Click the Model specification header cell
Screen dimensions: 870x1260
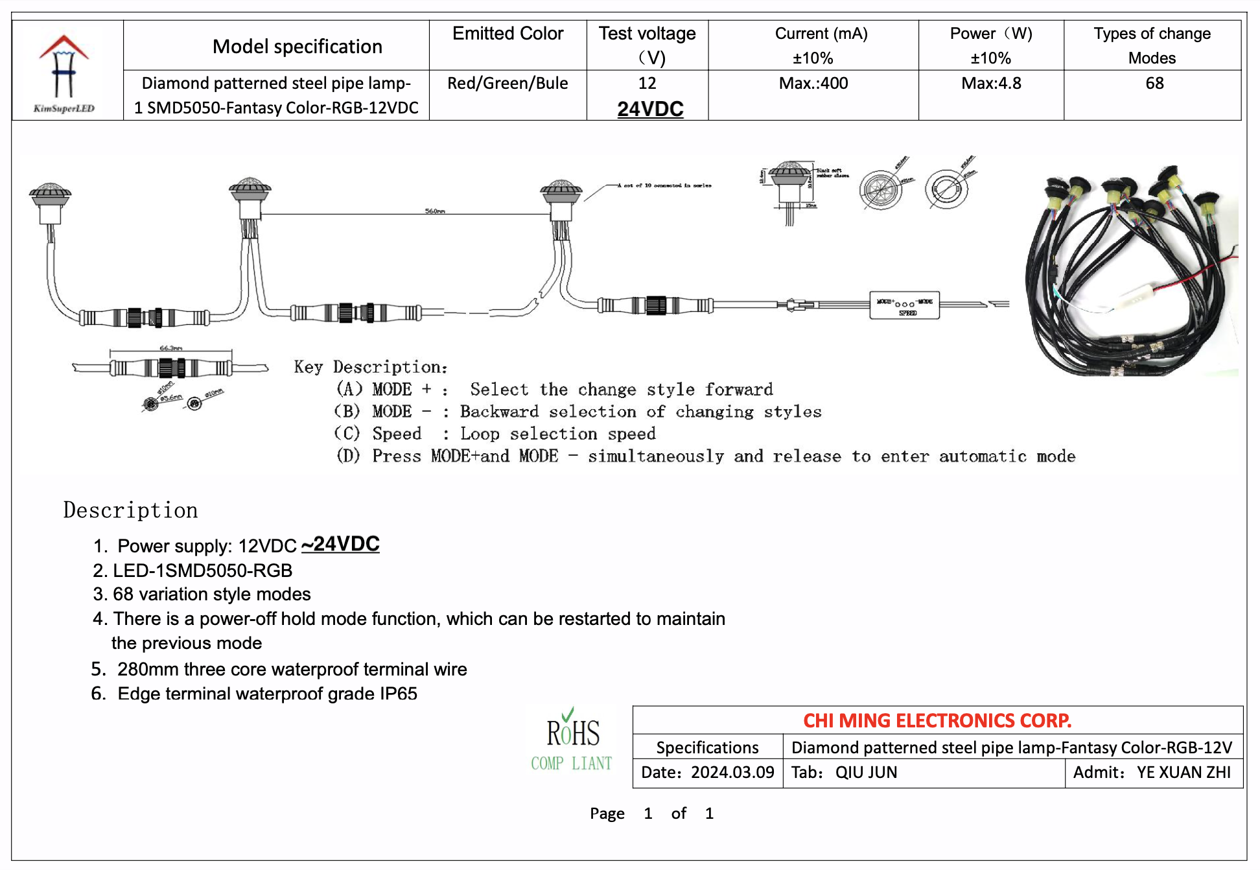(x=297, y=47)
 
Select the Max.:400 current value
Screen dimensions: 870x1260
(x=813, y=84)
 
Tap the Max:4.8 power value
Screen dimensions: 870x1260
(x=991, y=84)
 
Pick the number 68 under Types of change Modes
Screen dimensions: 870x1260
(x=1154, y=84)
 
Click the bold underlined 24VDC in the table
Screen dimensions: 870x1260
(x=650, y=109)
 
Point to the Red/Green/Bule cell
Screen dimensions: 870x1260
(x=507, y=84)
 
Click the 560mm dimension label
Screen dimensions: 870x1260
(x=435, y=211)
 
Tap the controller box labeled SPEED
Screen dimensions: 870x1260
(x=905, y=305)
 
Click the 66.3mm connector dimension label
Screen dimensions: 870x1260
(x=171, y=348)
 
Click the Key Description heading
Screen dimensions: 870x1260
(x=371, y=367)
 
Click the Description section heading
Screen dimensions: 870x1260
(x=130, y=510)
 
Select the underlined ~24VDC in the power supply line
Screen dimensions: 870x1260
(x=340, y=544)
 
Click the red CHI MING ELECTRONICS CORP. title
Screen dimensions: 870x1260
(x=937, y=720)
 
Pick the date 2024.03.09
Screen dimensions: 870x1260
(x=732, y=772)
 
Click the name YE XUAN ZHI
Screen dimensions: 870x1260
(x=1183, y=772)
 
